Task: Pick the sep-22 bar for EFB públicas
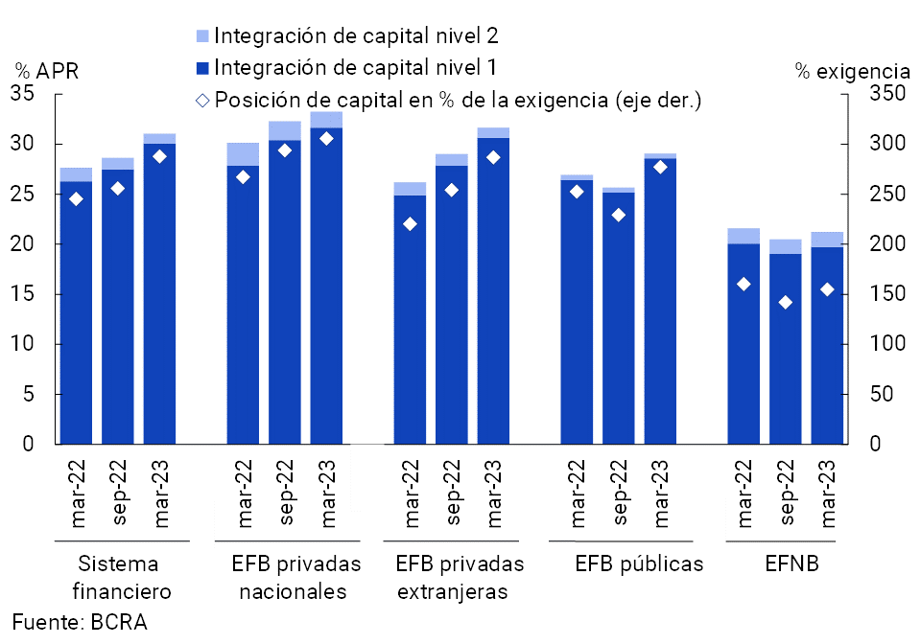point(619,317)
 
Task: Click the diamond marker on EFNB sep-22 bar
point(786,303)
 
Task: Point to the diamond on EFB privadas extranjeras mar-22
point(410,224)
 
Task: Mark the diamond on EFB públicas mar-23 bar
point(660,167)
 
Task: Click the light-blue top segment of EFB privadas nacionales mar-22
point(243,154)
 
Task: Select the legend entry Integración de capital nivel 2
point(355,36)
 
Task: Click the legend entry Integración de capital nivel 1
point(355,68)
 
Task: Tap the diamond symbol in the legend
point(201,101)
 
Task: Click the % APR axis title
point(46,71)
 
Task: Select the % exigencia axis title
point(852,71)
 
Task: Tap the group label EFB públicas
point(639,563)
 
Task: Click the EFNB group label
point(791,563)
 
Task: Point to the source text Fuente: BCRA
point(80,622)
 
